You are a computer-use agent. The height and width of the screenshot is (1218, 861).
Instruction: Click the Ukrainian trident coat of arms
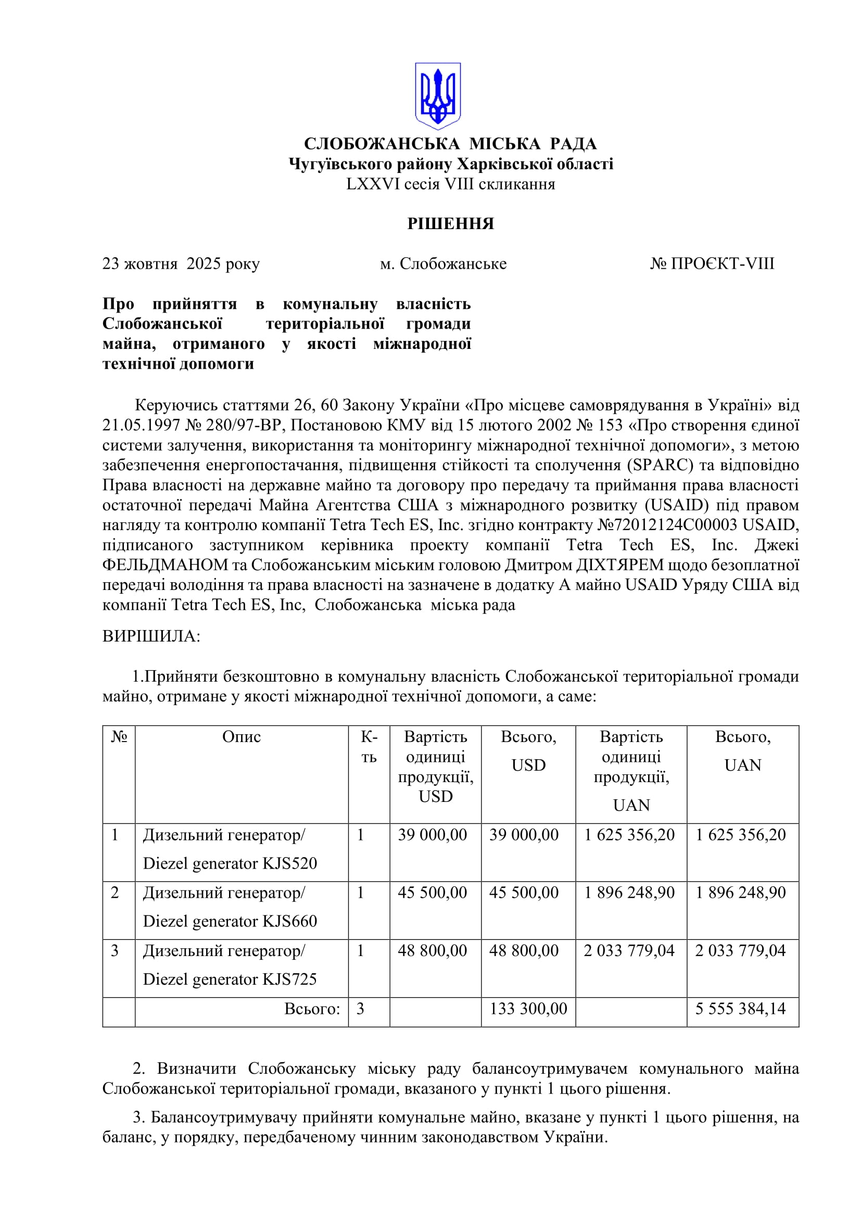tap(437, 96)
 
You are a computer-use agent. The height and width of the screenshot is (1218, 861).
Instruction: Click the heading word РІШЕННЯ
tap(451, 223)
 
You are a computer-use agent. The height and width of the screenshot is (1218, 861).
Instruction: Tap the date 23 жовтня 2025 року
tap(181, 263)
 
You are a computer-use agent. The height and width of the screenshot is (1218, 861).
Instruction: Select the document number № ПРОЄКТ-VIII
tap(712, 263)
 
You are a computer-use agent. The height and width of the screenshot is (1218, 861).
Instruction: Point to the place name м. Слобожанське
tap(443, 263)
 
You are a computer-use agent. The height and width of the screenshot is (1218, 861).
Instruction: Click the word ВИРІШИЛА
tap(151, 636)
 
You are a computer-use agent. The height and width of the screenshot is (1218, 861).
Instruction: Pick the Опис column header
tap(241, 737)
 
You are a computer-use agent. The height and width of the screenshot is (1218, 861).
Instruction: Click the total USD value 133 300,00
tap(528, 1009)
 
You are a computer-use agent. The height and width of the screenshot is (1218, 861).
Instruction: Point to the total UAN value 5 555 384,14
tap(740, 1009)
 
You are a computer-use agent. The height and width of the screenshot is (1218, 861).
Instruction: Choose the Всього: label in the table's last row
tap(312, 1009)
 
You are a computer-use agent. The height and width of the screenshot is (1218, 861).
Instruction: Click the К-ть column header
tap(369, 747)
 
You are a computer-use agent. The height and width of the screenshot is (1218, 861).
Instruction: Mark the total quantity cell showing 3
tap(361, 1009)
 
